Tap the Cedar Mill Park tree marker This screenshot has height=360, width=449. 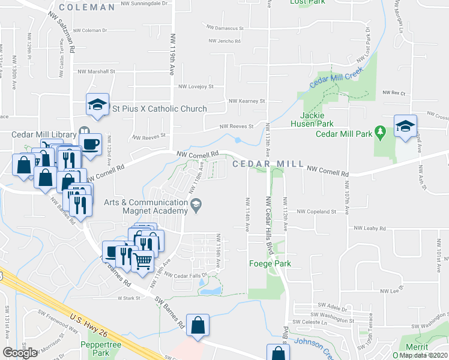(379, 130)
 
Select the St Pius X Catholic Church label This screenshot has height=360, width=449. (160, 109)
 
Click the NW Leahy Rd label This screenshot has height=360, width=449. (368, 228)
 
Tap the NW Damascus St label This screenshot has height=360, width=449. (225, 28)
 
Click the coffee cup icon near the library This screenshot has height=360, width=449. (90, 144)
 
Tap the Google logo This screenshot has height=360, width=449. (21, 353)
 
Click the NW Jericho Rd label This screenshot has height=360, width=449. (224, 41)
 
